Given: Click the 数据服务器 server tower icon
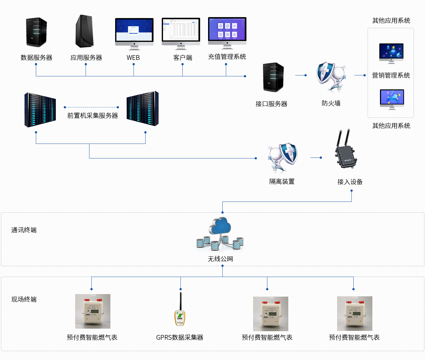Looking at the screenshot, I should point(36,33).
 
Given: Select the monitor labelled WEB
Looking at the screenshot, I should point(134,34).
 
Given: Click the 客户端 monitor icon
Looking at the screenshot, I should point(181,33).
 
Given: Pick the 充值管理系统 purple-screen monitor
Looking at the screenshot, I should point(227,32).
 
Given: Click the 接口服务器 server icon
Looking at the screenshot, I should point(273,77).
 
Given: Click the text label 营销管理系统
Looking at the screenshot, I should point(391,75).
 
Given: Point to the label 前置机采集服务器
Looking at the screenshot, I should point(92,116).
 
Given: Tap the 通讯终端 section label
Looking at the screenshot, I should point(24,230).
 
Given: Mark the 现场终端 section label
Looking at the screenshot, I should point(24,299).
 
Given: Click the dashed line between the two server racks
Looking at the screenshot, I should point(91,107).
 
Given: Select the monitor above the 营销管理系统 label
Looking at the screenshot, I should point(391,53).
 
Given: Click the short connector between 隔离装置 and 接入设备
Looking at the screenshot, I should point(316,157).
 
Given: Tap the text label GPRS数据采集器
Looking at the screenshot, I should point(180,337).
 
